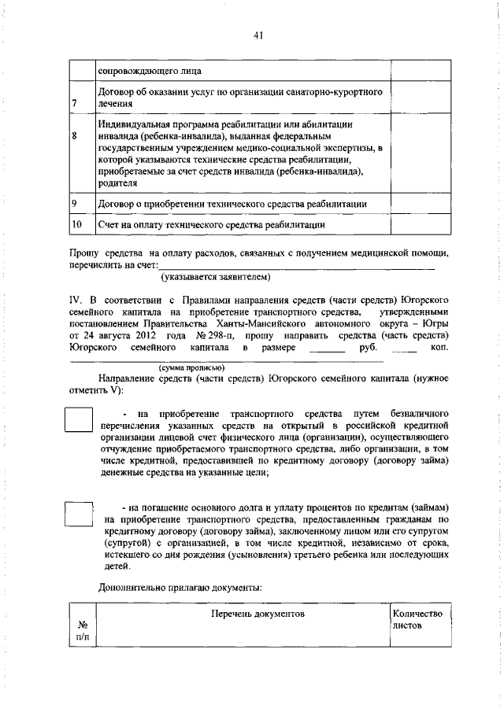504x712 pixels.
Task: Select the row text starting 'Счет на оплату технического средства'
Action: click(212, 225)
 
